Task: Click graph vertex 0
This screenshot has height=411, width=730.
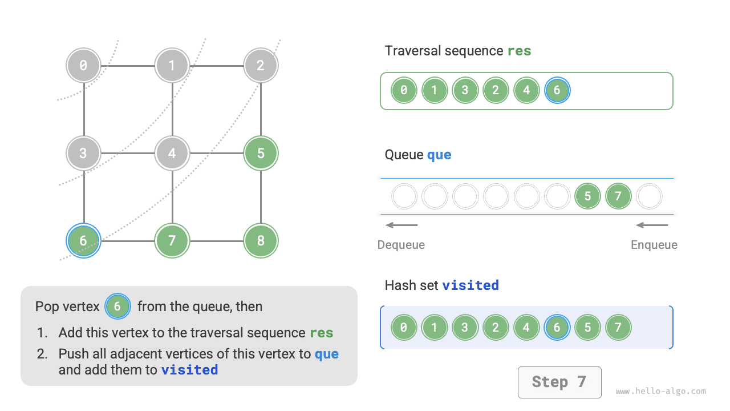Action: coord(84,65)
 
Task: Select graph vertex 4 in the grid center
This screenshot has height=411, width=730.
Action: coord(172,153)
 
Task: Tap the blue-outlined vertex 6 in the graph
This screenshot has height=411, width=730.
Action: coord(84,241)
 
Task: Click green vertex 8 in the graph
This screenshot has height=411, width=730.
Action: coord(261,241)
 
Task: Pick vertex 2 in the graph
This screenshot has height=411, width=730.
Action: coord(261,65)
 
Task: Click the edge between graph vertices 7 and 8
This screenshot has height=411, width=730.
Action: coord(217,241)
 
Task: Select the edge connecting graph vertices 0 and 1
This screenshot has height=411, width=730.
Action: coord(128,65)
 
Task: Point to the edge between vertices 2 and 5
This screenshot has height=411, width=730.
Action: coord(261,108)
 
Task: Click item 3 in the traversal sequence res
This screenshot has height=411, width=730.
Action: coord(465,90)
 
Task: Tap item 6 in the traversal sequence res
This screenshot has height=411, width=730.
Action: coord(557,90)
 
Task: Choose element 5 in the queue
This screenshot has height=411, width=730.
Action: coord(588,197)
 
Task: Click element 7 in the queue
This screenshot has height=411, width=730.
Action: coord(618,197)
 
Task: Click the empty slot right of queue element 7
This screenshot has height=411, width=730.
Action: coord(649,197)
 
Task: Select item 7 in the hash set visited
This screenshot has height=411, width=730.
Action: coord(618,328)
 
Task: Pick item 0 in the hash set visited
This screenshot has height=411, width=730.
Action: coord(404,328)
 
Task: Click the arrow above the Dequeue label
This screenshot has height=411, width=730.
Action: coord(401,225)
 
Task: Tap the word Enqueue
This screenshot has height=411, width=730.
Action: coord(654,245)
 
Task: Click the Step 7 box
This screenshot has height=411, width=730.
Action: coord(559,382)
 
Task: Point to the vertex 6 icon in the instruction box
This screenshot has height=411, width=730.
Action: coord(117,307)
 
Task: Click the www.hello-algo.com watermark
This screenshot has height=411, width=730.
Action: coord(660,392)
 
